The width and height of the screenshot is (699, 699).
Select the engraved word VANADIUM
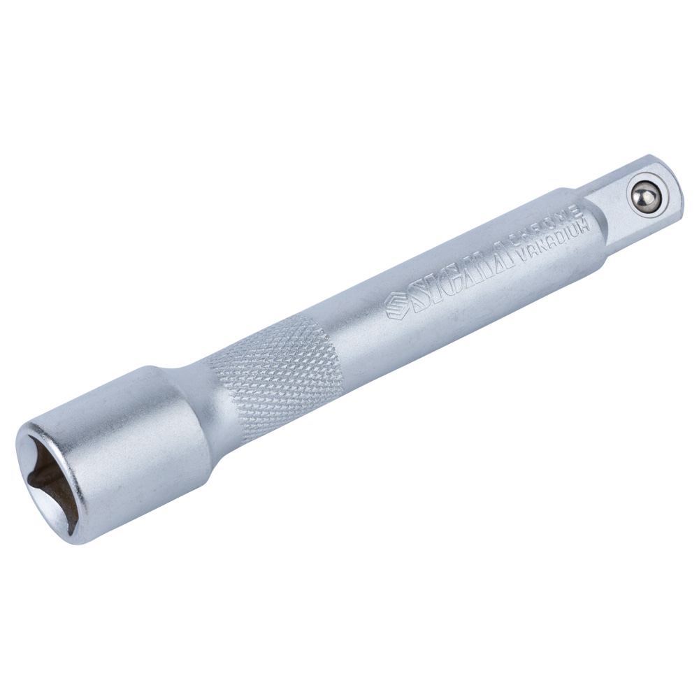coord(554,241)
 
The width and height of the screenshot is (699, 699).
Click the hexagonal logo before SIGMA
coord(396,305)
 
